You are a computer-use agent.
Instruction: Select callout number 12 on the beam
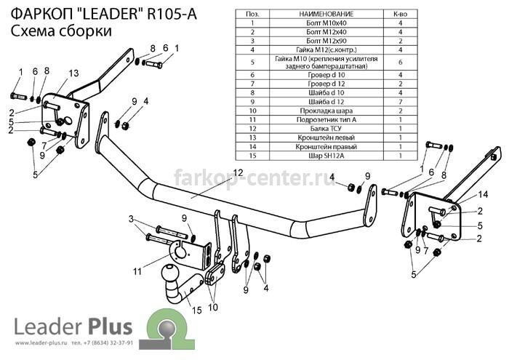[238, 172]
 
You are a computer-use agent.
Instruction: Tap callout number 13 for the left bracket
[73, 73]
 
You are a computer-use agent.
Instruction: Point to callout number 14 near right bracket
[483, 194]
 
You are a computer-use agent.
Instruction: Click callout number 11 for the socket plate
[137, 271]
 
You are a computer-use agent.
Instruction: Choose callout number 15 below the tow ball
[197, 311]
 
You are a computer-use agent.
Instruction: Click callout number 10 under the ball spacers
[213, 307]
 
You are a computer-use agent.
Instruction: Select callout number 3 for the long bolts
[131, 219]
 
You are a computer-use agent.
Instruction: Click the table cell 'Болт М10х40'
[326, 23]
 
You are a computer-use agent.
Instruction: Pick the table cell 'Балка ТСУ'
[326, 129]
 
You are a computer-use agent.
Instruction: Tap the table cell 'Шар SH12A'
[326, 156]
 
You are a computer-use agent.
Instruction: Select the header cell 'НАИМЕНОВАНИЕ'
[326, 14]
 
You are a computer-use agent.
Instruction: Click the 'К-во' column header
[400, 14]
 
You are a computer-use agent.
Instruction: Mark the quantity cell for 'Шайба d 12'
[400, 102]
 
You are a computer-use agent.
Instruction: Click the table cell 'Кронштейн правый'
[326, 147]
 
